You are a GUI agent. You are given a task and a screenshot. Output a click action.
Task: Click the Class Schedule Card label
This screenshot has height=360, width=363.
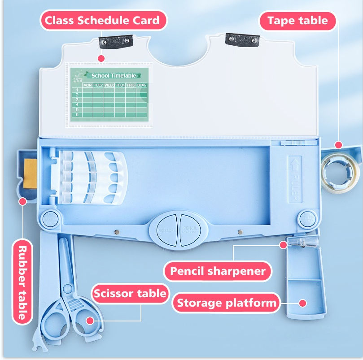click(102, 20)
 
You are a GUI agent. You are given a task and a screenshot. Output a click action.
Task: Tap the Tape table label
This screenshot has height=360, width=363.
click(297, 20)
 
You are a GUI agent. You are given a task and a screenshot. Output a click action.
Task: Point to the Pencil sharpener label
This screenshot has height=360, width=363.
click(218, 271)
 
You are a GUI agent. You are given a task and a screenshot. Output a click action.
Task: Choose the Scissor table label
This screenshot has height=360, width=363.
click(130, 294)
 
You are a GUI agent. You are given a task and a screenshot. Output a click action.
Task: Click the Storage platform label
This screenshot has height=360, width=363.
click(226, 303)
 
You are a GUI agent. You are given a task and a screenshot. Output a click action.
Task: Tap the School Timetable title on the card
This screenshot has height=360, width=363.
click(113, 76)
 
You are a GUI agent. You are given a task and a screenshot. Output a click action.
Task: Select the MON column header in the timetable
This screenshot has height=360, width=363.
click(87, 85)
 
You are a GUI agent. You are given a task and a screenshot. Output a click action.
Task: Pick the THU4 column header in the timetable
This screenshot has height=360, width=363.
click(120, 85)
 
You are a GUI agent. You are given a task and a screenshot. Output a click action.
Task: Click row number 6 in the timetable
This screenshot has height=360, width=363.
click(77, 114)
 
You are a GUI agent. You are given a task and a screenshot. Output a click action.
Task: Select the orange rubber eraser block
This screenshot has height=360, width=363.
click(30, 170)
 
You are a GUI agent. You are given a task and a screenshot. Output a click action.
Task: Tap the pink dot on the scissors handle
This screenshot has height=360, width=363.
click(90, 320)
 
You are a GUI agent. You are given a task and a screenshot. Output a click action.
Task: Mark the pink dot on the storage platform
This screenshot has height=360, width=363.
click(303, 303)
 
